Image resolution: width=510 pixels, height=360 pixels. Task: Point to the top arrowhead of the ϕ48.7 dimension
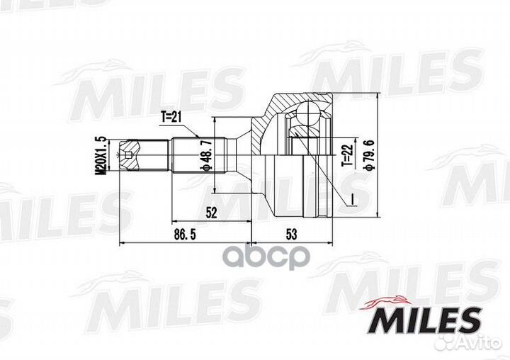pyautogui.click(x=215, y=121)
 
